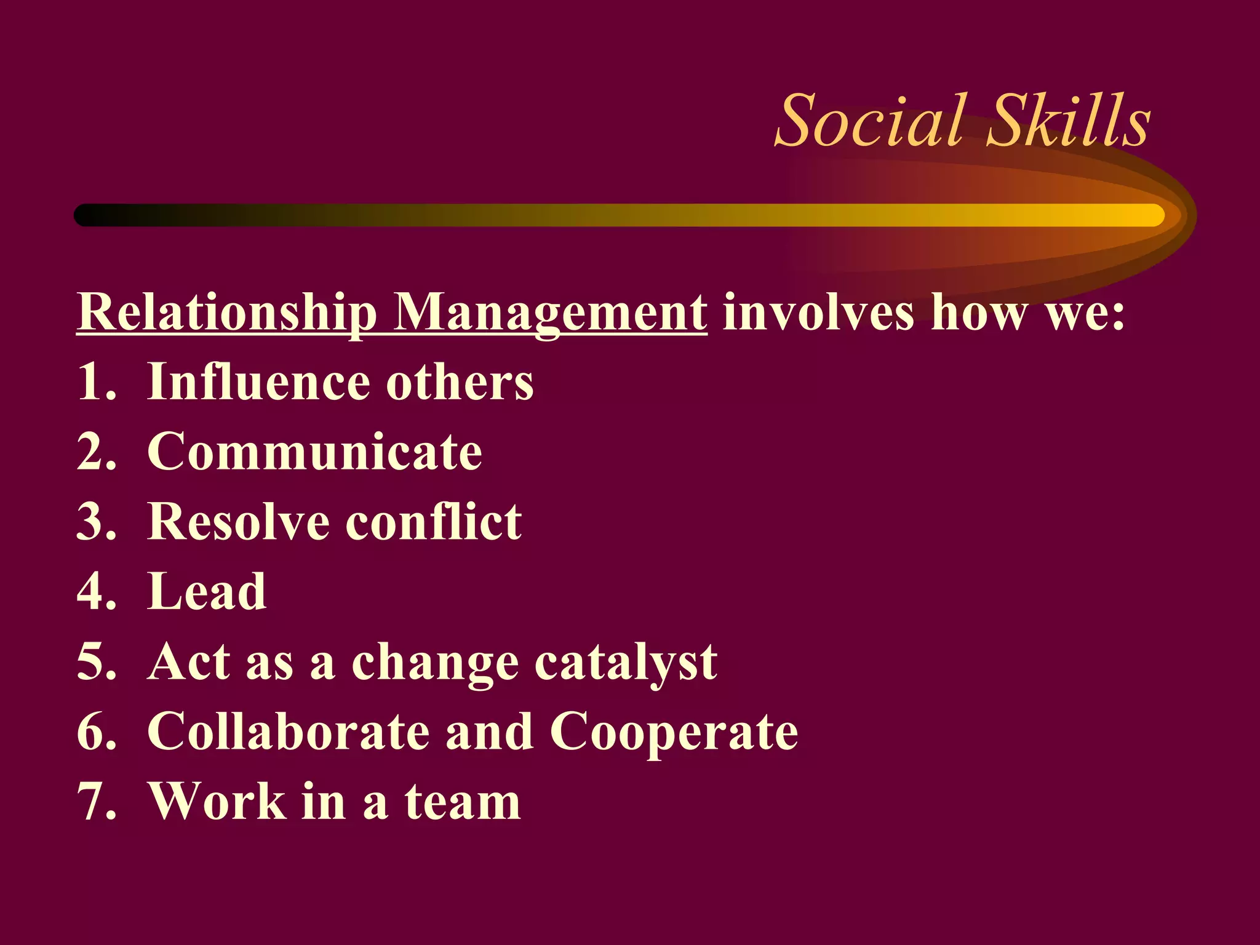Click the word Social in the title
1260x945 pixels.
[x=869, y=121]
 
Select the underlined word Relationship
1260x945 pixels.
[x=226, y=313]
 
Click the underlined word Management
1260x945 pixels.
[x=550, y=313]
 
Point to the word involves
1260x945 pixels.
[x=818, y=313]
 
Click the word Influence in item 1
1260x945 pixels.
[x=259, y=382]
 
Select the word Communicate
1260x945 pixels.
[x=314, y=452]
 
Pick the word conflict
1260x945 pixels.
[x=434, y=522]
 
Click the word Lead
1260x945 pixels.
[x=207, y=592]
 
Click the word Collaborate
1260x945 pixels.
[x=289, y=732]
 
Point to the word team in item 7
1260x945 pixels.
[x=463, y=802]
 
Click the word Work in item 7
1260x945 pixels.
[x=218, y=802]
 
